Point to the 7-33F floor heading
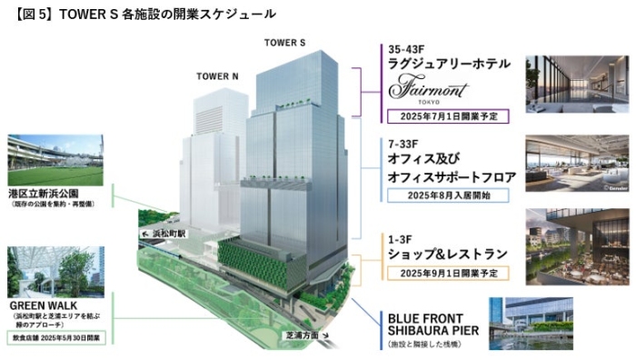pyautogui.click(x=405, y=145)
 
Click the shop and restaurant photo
pyautogui.click(x=577, y=247)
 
